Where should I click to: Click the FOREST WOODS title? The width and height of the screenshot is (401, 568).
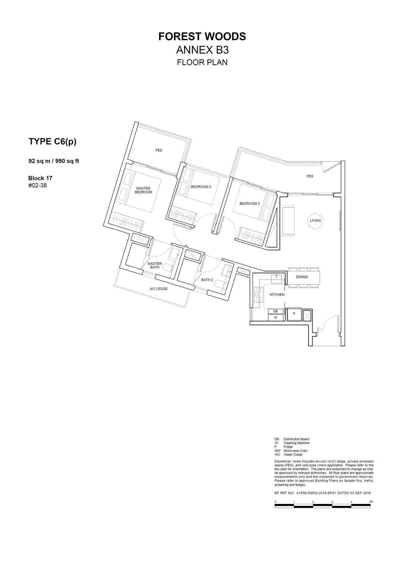(202, 37)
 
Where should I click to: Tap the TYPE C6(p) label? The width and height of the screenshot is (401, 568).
(53, 142)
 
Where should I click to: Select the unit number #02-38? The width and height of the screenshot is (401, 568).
(38, 185)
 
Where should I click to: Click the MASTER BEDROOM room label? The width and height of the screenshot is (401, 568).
(143, 190)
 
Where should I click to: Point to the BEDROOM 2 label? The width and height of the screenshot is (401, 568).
(201, 187)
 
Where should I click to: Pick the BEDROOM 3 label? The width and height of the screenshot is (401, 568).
(250, 204)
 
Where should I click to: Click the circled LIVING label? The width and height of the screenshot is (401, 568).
(315, 221)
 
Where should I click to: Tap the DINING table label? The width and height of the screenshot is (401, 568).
(302, 277)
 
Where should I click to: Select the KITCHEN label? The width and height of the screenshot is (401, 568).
(277, 295)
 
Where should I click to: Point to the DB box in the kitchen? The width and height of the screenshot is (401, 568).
(276, 311)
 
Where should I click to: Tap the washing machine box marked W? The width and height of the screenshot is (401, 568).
(276, 318)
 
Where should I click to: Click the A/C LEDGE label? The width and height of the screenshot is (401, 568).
(158, 289)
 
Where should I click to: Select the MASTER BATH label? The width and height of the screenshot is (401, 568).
(155, 265)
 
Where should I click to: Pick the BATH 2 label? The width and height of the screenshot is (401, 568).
(207, 280)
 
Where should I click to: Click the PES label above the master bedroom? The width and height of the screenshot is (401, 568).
(159, 150)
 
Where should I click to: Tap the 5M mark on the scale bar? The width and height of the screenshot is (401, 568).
(371, 502)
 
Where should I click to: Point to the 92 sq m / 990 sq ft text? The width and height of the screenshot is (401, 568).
(54, 161)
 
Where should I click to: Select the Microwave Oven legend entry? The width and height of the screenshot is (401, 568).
(295, 451)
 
